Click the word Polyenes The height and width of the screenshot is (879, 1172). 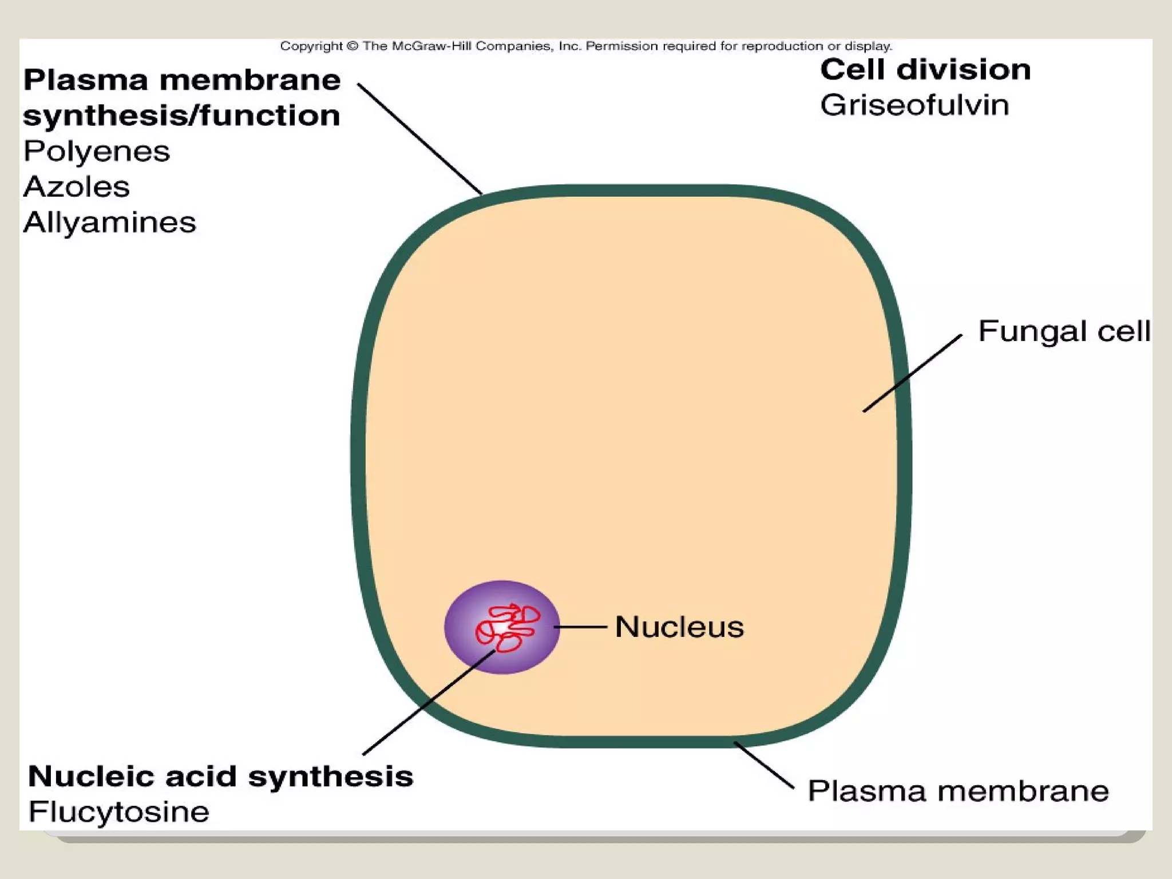97,152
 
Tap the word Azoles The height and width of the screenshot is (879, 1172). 77,187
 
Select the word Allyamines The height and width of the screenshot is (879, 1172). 109,223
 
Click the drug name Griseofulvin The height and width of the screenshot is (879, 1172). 914,105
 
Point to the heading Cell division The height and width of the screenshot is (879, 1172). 925,70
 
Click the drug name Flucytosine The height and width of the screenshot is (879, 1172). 119,812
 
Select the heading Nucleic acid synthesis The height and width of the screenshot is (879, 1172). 220,777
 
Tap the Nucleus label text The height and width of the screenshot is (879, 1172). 679,627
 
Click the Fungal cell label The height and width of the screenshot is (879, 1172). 1064,331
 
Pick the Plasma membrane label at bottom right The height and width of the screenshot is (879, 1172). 958,791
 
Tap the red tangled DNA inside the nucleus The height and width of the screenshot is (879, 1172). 506,627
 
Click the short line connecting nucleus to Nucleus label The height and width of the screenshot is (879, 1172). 581,627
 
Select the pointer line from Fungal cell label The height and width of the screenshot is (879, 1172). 912,373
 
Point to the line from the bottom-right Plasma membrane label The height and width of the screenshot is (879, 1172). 764,765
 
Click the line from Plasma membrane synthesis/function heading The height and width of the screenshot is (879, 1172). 419,139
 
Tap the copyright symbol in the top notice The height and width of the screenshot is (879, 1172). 353,46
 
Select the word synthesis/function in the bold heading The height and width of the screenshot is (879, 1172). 181,116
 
